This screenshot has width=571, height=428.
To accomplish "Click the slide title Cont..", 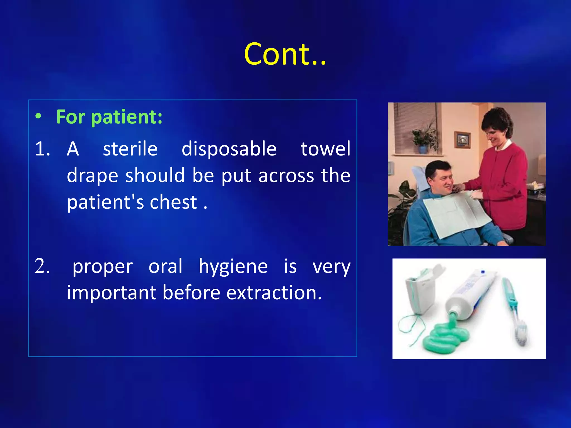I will click(x=285, y=54).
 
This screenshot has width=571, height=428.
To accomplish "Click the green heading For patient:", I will click(x=109, y=117).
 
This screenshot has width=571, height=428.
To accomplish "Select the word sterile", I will click(x=130, y=149).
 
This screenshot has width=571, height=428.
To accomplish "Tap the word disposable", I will click(x=229, y=149).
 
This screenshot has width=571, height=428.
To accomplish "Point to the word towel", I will click(x=325, y=149).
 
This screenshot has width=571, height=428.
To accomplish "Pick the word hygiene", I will click(x=233, y=267).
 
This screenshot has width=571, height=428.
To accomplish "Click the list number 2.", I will click(x=42, y=266).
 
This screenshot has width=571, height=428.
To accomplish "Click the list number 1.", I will click(x=42, y=149).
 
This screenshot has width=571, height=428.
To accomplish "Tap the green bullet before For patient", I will click(x=38, y=116).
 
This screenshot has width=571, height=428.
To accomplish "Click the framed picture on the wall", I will click(x=462, y=140).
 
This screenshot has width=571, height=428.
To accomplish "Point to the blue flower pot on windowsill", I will click(x=423, y=149).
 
